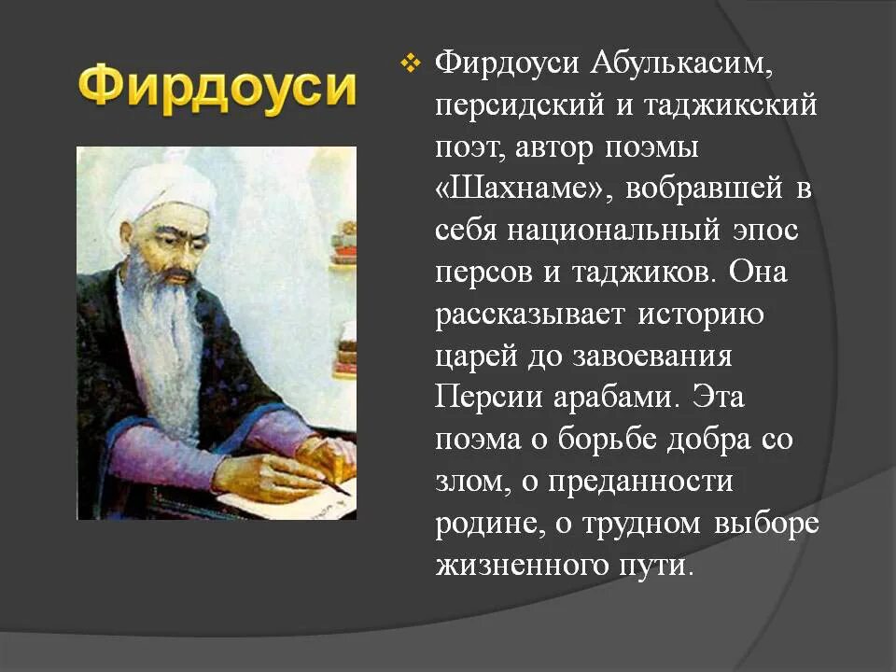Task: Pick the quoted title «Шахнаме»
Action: [521, 189]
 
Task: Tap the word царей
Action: [472, 357]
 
